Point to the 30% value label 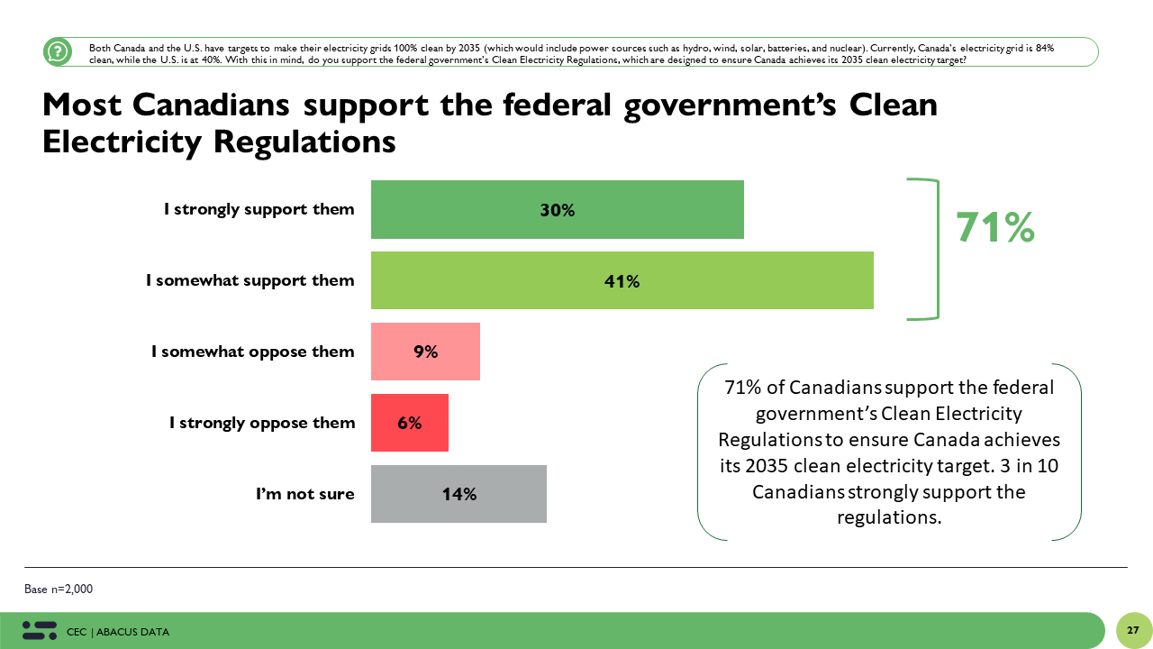coord(558,210)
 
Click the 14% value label coord(458,494)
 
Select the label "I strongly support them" coord(259,209)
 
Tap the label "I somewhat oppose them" coord(252,352)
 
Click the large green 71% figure coord(994,227)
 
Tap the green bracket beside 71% coord(935,249)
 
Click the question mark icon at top coord(58,51)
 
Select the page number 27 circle coord(1133,630)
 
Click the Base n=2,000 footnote coord(59,589)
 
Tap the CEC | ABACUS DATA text coord(118,632)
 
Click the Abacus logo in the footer coord(40,630)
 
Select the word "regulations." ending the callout coord(889,517)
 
